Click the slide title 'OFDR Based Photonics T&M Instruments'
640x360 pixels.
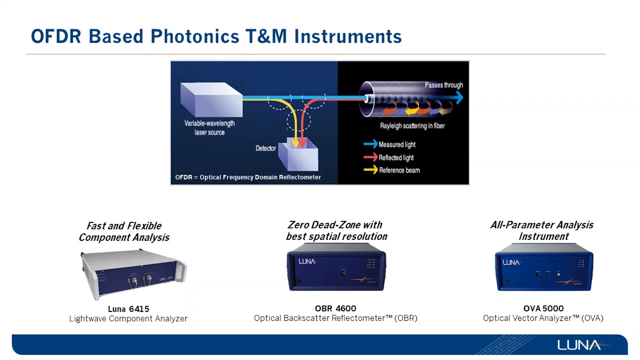pos(216,36)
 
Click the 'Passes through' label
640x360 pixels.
pos(443,85)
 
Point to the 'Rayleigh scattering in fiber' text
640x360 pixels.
pos(412,126)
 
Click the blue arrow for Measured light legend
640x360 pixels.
pos(370,144)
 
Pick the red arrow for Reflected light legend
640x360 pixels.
pos(370,157)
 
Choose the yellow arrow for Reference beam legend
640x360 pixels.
pos(370,170)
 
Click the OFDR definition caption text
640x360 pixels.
pos(248,177)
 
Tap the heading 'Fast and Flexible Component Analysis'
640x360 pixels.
pos(124,231)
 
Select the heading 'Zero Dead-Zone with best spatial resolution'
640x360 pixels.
pos(336,230)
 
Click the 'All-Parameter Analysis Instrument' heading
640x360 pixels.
pos(542,230)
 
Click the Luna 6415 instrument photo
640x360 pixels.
pos(132,273)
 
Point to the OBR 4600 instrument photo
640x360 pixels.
pos(336,270)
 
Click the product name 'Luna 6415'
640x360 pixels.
pos(128,309)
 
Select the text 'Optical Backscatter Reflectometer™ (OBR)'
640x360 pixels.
pos(335,318)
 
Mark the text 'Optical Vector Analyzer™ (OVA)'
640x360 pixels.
pos(543,318)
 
